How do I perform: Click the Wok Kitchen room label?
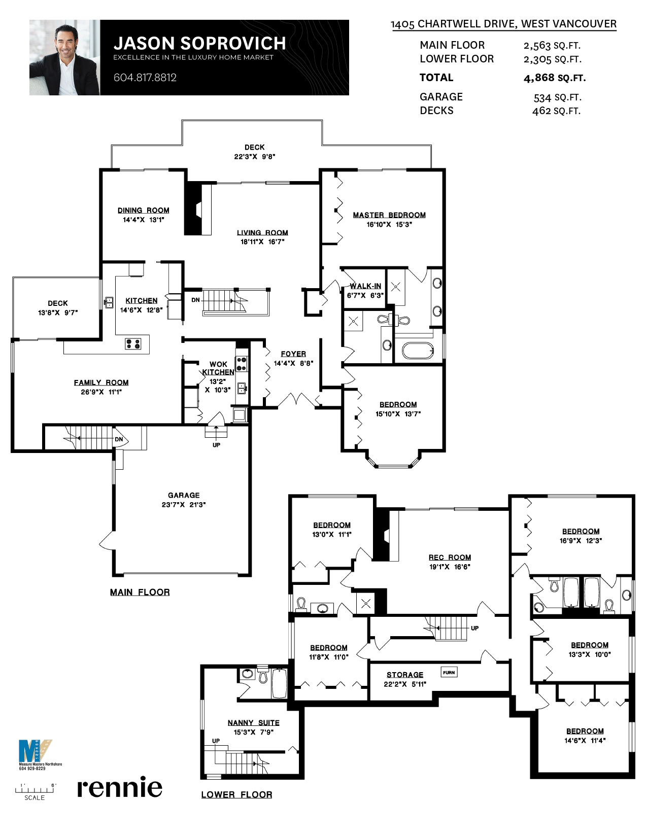click(x=218, y=368)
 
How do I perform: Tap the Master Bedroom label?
click(x=389, y=215)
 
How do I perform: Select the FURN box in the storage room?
click(x=449, y=673)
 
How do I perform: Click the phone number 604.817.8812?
click(x=145, y=78)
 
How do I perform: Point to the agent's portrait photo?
click(x=64, y=58)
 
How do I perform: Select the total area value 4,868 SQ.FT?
click(x=554, y=78)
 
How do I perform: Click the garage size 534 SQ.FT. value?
click(x=557, y=97)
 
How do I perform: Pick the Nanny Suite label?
click(x=253, y=723)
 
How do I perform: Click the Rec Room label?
click(x=450, y=557)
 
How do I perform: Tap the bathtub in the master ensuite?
click(x=418, y=350)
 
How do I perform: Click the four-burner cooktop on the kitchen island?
click(x=133, y=344)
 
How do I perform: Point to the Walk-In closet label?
click(x=365, y=286)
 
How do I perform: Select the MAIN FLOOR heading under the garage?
click(x=140, y=592)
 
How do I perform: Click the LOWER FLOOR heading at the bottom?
click(x=236, y=794)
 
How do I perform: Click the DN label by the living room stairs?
click(x=195, y=300)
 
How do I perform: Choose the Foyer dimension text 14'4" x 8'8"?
click(x=293, y=363)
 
